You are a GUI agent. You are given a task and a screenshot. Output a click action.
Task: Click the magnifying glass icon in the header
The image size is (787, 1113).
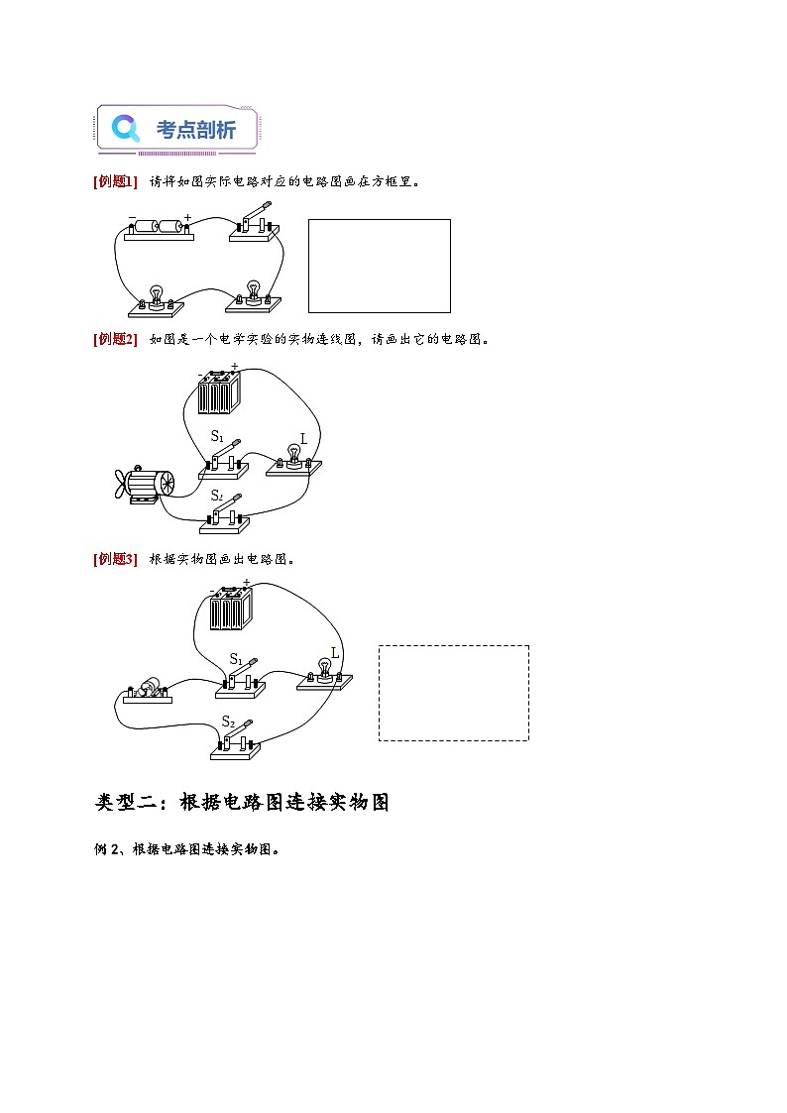[x=126, y=129]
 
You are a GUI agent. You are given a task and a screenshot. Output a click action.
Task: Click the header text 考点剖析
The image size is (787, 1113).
[x=196, y=130]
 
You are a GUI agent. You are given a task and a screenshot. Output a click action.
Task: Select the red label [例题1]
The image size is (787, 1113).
[x=114, y=181]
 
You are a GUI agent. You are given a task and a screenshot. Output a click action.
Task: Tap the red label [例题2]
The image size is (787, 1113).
[x=114, y=339]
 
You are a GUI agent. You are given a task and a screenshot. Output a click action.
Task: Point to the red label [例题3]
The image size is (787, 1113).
[x=114, y=559]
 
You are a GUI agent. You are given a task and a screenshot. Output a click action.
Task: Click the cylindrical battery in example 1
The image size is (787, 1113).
[x=160, y=227]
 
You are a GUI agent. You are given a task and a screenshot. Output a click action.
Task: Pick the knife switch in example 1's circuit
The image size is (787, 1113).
[x=254, y=224]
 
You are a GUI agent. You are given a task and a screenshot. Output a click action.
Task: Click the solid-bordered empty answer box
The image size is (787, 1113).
[x=379, y=266]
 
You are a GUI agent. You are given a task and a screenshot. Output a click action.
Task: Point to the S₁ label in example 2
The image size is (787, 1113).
[x=217, y=436]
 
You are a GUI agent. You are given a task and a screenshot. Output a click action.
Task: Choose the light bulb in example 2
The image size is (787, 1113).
[x=293, y=457]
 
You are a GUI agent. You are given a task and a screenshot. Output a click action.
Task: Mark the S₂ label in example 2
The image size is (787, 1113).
[x=216, y=495]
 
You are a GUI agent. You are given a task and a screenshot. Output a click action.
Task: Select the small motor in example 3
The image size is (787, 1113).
[x=149, y=690]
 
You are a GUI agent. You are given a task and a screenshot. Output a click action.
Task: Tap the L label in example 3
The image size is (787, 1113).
[x=335, y=653]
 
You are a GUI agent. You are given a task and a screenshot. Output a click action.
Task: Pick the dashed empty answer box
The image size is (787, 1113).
[x=453, y=693]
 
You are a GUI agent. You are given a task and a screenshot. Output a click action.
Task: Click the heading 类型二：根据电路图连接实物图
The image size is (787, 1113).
[x=242, y=802]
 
